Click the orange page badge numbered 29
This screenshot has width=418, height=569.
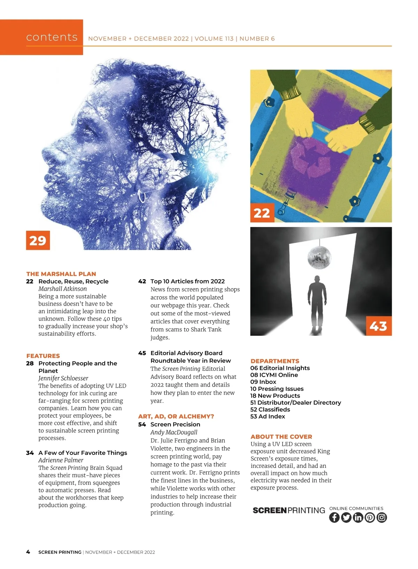(x=38, y=240)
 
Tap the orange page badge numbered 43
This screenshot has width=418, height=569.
(x=378, y=325)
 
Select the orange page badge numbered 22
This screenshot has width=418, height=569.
(x=262, y=212)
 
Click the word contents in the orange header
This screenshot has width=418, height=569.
(x=52, y=37)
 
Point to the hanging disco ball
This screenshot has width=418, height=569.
(x=319, y=257)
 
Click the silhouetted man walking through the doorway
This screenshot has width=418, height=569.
(x=317, y=304)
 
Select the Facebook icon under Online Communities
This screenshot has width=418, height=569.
(x=334, y=517)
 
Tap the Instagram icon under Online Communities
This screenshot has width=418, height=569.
(x=381, y=517)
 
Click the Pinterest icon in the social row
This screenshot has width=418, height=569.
(x=370, y=517)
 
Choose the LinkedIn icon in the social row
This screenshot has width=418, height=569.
(x=358, y=517)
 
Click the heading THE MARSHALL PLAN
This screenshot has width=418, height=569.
(x=61, y=274)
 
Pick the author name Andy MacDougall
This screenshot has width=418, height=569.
(x=174, y=432)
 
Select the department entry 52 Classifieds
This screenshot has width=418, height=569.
(x=270, y=409)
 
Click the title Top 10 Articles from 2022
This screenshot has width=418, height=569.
(x=187, y=281)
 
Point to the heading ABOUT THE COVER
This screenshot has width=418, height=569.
(x=281, y=437)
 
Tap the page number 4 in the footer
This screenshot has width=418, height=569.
(x=28, y=552)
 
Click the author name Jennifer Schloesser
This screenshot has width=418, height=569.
(x=63, y=378)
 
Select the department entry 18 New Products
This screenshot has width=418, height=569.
(x=275, y=396)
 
